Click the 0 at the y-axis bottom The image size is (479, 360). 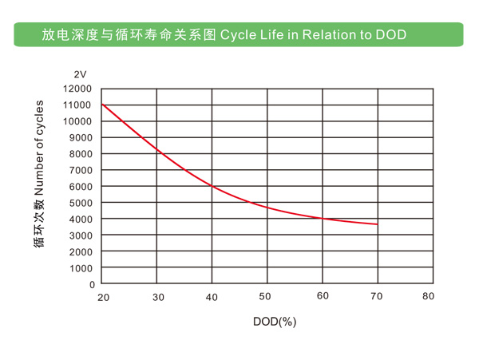point(92,284)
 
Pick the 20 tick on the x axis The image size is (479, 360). point(102,297)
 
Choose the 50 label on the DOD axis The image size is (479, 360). point(267,297)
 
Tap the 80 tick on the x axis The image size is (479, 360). point(429,297)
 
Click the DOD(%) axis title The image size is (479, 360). point(275,322)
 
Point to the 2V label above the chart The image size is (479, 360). point(80,73)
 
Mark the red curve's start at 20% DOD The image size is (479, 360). point(102,105)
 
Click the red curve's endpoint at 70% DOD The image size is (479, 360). point(377,224)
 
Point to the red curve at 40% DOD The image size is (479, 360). point(212,186)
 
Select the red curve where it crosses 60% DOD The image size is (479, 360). point(323,218)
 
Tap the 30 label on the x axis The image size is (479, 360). point(158,297)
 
